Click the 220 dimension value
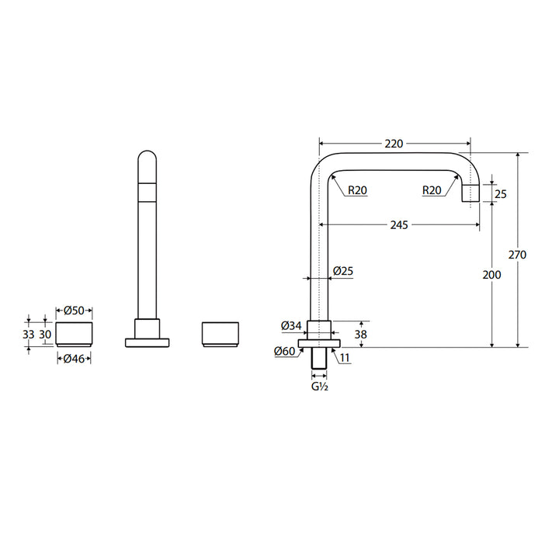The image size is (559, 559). (394, 143)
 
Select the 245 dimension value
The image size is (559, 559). (400, 225)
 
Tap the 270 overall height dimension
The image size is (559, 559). (518, 255)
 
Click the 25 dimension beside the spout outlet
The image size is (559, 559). (500, 194)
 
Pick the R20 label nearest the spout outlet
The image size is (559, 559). (432, 189)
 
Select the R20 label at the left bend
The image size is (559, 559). (357, 189)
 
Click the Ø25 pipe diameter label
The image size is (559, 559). (342, 271)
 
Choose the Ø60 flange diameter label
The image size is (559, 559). (284, 352)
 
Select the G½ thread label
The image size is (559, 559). (320, 387)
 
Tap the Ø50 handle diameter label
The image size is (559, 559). (74, 310)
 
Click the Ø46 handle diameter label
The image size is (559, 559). (74, 358)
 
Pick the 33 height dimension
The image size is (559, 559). (29, 334)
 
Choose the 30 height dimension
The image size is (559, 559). (46, 334)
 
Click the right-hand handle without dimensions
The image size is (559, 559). (220, 333)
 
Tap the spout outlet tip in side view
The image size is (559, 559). (471, 194)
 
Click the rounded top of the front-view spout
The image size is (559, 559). (147, 159)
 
